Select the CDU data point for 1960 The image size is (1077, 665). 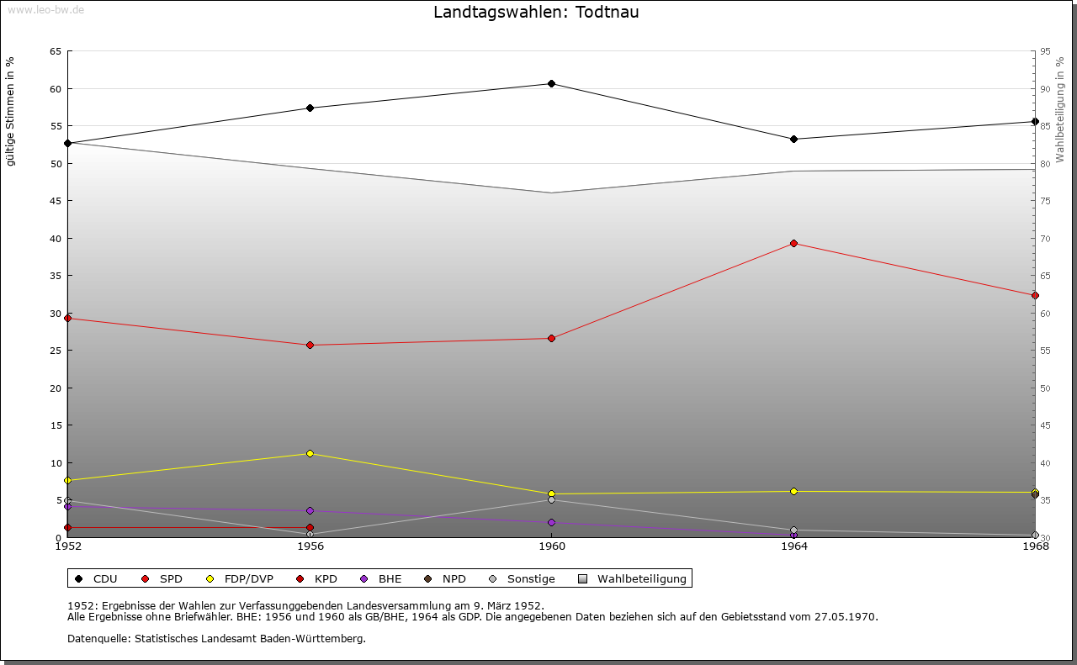(x=551, y=83)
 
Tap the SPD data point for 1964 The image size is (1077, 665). (x=793, y=244)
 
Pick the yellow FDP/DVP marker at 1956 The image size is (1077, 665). (x=310, y=454)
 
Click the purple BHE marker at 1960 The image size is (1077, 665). (x=551, y=523)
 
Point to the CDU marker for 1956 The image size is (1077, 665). (x=310, y=108)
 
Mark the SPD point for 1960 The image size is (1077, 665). (x=551, y=338)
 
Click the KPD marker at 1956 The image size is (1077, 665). (x=310, y=528)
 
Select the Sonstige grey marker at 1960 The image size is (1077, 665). (x=551, y=500)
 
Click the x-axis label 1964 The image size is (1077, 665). (x=793, y=546)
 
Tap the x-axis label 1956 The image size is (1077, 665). (x=310, y=546)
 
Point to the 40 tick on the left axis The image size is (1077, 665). (x=56, y=239)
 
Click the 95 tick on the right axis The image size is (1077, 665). (x=1045, y=51)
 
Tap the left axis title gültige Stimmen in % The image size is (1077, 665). (x=10, y=111)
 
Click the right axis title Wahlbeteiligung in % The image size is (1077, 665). (x=1060, y=109)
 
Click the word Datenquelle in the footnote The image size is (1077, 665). (x=97, y=639)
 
